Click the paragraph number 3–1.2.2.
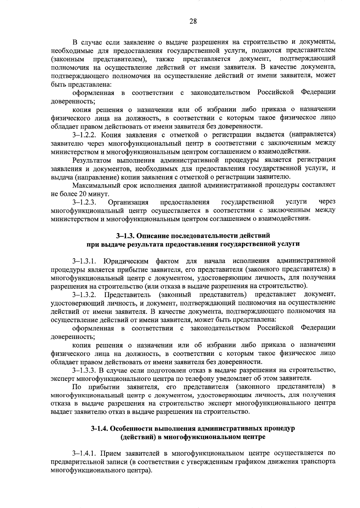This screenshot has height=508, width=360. coord(84,134)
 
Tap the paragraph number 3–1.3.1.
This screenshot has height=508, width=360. coord(84,260)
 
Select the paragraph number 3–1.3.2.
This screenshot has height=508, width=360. coord(84,294)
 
